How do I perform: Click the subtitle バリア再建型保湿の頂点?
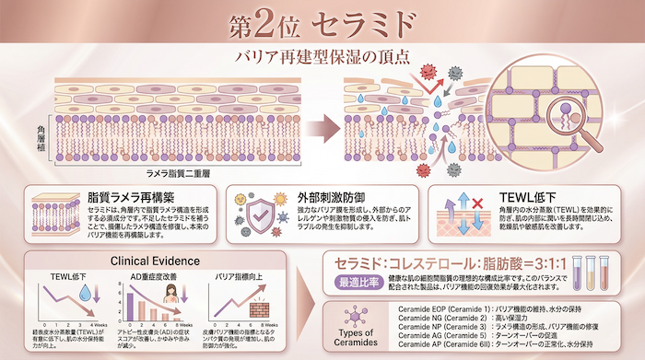click(322, 56)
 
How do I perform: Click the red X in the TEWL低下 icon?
click(479, 200)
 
